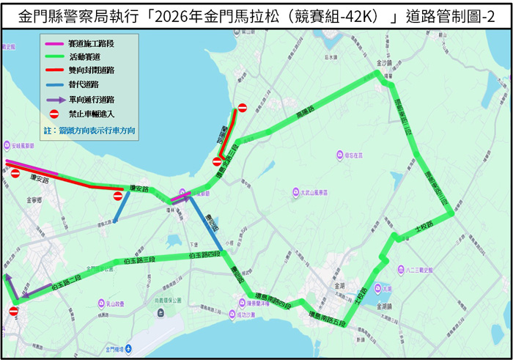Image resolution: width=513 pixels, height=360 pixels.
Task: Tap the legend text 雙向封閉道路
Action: (90, 70)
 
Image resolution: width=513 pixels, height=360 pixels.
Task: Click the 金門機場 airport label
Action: (118, 349)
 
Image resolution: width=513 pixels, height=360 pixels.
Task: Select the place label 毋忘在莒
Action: (353, 155)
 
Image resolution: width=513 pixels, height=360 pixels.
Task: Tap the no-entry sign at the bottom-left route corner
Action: (13, 312)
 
